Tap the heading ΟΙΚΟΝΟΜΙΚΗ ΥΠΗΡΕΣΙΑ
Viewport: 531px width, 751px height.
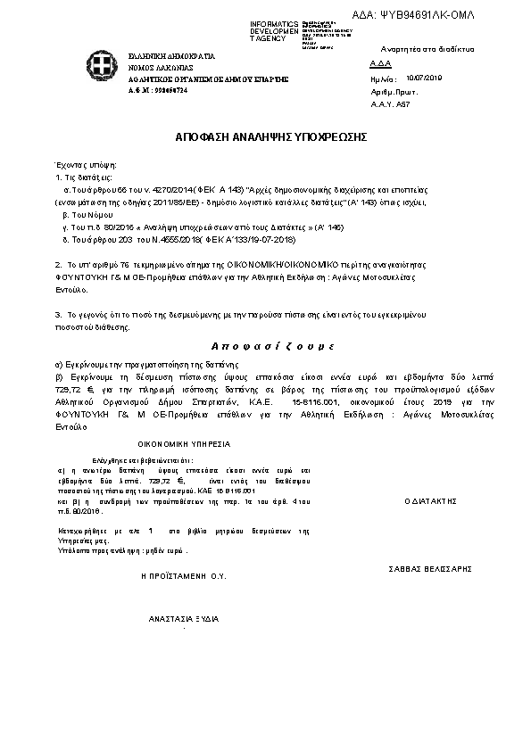(x=184, y=443)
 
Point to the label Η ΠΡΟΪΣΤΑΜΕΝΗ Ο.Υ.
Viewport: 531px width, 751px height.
(x=185, y=577)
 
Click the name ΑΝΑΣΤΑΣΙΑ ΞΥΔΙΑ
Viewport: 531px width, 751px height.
(x=185, y=618)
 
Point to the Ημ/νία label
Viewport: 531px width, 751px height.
(x=381, y=79)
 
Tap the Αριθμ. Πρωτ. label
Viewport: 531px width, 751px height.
(x=388, y=92)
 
